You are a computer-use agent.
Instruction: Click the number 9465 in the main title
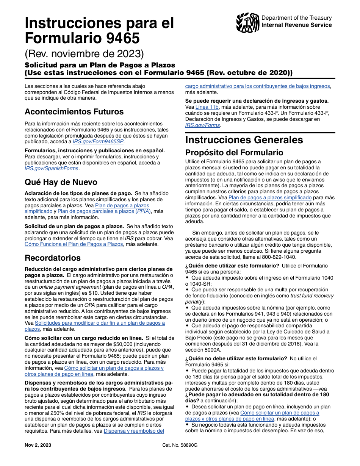[117, 38]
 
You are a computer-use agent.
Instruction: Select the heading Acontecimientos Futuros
[74, 112]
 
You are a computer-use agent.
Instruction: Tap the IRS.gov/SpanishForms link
[52, 169]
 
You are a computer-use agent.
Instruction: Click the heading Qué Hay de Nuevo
[61, 182]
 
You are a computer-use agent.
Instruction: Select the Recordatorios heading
[53, 258]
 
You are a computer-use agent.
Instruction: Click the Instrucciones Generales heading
[244, 140]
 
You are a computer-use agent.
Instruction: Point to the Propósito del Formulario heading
[234, 153]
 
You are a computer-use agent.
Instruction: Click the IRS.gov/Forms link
[202, 125]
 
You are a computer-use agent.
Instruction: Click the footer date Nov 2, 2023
[38, 445]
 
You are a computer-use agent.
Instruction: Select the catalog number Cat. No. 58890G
[180, 445]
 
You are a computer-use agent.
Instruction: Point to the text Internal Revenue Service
[297, 25]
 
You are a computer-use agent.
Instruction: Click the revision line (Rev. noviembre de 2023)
[84, 52]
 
